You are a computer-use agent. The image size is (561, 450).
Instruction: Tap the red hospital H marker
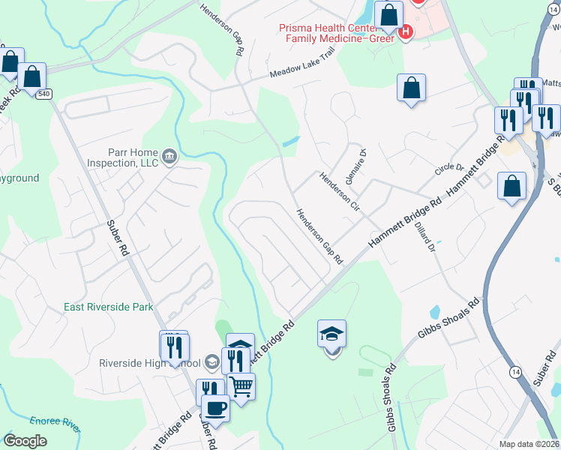tap(406, 31)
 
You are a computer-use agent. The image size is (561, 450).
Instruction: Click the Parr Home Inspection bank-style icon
tap(169, 157)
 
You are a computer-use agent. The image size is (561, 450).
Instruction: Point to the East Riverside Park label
tap(108, 307)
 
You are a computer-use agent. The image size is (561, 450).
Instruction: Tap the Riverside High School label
tap(148, 364)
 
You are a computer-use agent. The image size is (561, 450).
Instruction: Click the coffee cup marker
tap(215, 409)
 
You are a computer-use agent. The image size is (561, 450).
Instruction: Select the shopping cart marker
tap(241, 386)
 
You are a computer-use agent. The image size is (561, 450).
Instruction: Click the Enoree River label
tap(55, 423)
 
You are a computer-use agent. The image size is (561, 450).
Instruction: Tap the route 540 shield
tap(44, 93)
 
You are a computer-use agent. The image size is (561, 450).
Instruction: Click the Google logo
tap(25, 441)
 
